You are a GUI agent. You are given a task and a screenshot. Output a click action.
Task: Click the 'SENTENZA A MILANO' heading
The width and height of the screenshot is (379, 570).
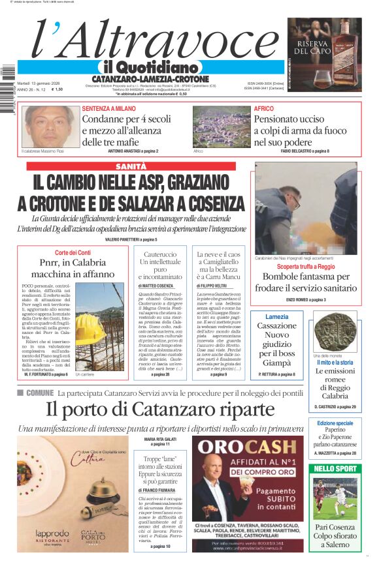click(108, 108)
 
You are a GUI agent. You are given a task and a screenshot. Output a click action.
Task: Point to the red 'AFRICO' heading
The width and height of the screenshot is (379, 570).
click(264, 108)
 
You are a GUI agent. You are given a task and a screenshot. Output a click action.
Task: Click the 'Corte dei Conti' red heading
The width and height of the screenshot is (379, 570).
click(73, 252)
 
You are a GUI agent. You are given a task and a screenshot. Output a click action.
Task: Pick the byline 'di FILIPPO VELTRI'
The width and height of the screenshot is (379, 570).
click(216, 286)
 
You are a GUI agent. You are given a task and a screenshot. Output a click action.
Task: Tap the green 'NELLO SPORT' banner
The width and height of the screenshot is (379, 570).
click(335, 468)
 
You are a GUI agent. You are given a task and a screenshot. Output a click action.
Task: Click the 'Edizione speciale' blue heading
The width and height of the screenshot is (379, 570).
click(335, 424)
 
